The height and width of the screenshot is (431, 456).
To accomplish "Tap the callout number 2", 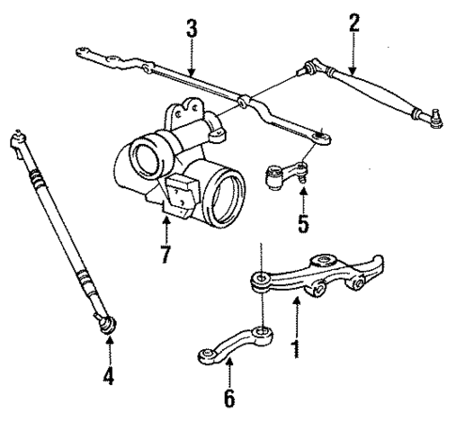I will (354, 24).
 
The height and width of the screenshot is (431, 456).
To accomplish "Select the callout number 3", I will (191, 28).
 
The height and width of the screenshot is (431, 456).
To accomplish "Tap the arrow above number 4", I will (110, 354).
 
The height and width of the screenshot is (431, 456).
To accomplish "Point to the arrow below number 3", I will (191, 58).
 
